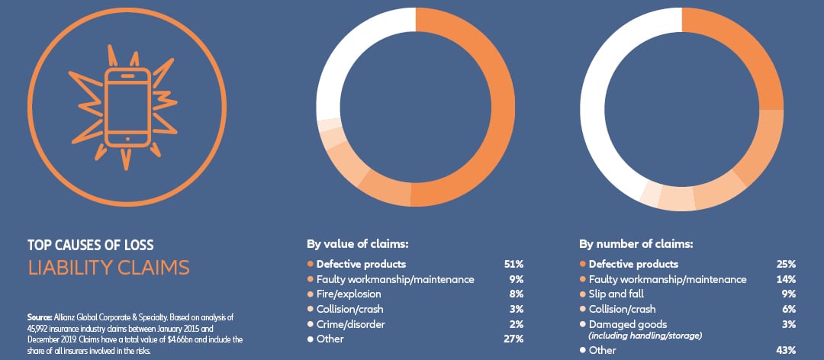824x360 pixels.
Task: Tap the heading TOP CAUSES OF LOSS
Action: click(90, 246)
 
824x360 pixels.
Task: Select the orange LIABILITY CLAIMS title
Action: click(108, 268)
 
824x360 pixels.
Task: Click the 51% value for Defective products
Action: click(514, 264)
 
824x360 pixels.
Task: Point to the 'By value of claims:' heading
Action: click(357, 245)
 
